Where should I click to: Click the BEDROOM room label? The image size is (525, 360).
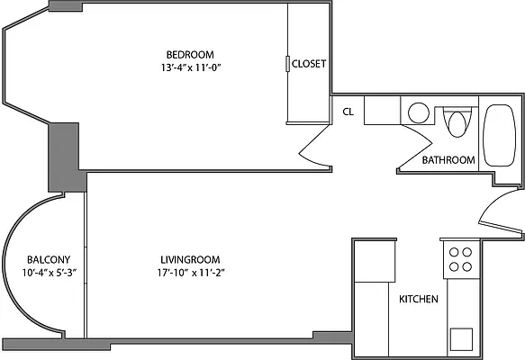(190, 53)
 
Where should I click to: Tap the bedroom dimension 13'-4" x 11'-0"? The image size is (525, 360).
(190, 67)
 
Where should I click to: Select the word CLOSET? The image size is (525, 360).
(308, 64)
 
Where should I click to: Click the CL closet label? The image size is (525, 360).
(348, 112)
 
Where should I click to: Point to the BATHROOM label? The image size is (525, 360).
(448, 160)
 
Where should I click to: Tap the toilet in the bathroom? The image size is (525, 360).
(458, 121)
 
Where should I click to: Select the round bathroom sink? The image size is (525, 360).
(419, 113)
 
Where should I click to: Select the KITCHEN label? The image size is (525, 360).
(419, 299)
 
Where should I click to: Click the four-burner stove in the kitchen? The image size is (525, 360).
(461, 259)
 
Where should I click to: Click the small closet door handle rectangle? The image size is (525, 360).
(286, 64)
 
